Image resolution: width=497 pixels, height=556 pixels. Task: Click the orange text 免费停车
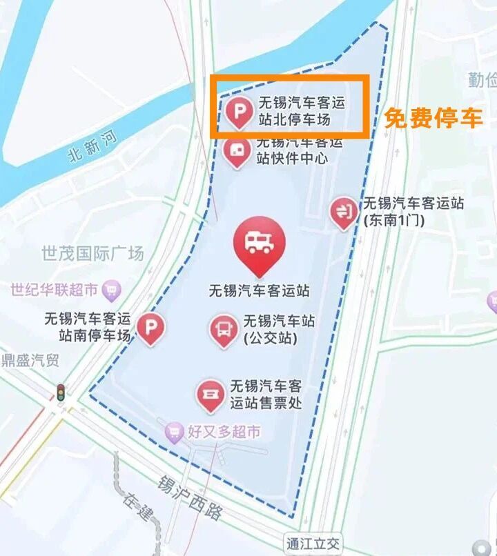point(433,118)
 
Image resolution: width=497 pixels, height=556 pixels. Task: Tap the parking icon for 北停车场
point(239,112)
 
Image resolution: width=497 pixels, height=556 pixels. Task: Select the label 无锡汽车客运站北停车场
point(301,112)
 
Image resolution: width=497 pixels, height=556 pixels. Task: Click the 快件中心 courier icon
point(237,150)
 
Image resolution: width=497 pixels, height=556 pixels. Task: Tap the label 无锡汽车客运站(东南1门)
point(413,211)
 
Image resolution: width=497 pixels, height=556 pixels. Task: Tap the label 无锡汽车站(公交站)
point(279,329)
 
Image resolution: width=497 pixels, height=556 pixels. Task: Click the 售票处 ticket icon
point(209,394)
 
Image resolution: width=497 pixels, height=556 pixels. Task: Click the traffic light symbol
point(61,393)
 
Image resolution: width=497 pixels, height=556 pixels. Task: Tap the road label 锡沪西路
point(190,497)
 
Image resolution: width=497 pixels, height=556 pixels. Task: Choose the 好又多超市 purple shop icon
point(175,433)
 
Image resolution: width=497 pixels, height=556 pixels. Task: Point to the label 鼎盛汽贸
point(30,360)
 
